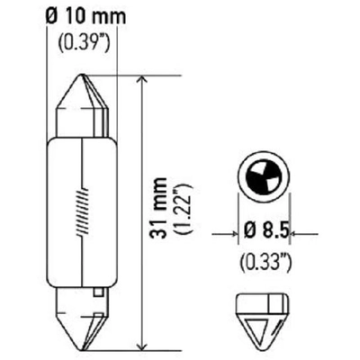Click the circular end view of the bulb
[264, 176]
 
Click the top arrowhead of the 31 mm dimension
[140, 81]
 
